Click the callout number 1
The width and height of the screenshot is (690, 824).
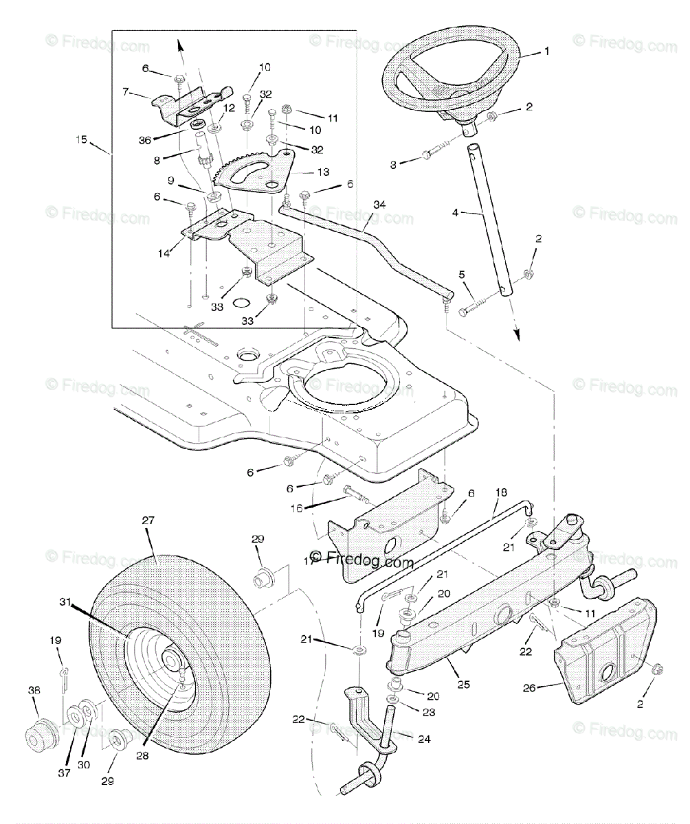(x=546, y=51)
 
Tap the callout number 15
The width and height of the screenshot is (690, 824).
(x=82, y=140)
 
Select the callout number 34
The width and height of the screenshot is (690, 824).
(x=381, y=205)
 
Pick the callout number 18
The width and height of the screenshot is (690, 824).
(x=500, y=492)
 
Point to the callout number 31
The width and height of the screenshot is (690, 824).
(x=64, y=602)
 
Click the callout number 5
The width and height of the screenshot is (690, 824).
(x=462, y=275)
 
